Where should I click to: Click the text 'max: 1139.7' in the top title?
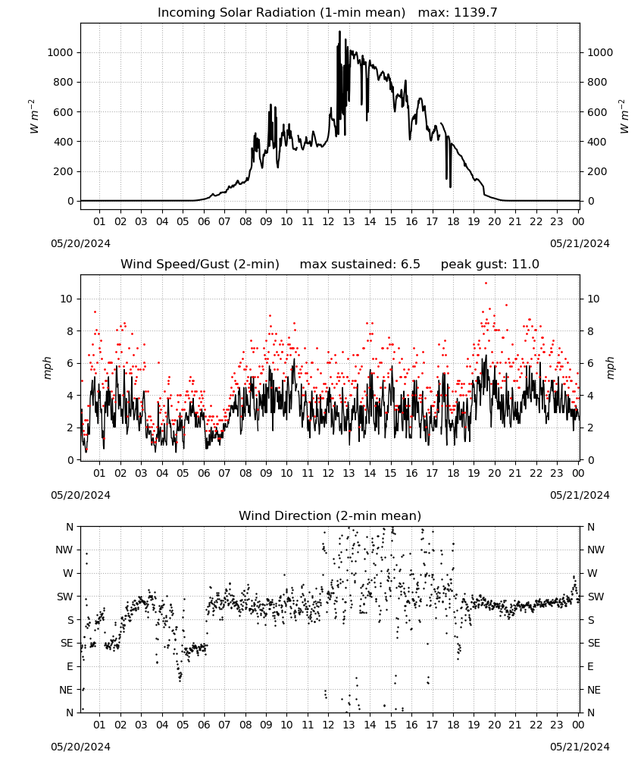click(457, 13)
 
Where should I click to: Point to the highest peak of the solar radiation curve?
click(339, 32)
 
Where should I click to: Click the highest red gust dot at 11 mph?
click(486, 283)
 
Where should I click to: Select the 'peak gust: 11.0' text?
click(489, 265)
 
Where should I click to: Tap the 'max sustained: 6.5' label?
click(360, 265)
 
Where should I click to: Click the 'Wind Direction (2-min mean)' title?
click(330, 515)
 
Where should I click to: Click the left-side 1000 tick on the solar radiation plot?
click(61, 53)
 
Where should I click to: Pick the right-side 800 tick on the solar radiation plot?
click(597, 82)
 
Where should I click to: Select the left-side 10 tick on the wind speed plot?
click(66, 299)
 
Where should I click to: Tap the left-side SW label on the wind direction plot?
click(65, 597)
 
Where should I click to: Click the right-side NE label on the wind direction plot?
click(594, 690)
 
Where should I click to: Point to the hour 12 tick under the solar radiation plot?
click(328, 221)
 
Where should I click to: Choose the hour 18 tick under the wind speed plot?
click(453, 473)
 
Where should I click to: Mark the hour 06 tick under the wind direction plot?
click(203, 725)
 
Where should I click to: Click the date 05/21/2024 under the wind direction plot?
click(580, 747)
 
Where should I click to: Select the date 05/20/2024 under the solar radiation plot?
click(80, 243)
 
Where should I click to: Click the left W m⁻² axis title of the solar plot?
click(33, 117)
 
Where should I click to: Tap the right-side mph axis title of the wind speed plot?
click(610, 368)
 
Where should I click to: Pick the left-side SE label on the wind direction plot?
click(67, 643)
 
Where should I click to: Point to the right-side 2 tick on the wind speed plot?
click(590, 428)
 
